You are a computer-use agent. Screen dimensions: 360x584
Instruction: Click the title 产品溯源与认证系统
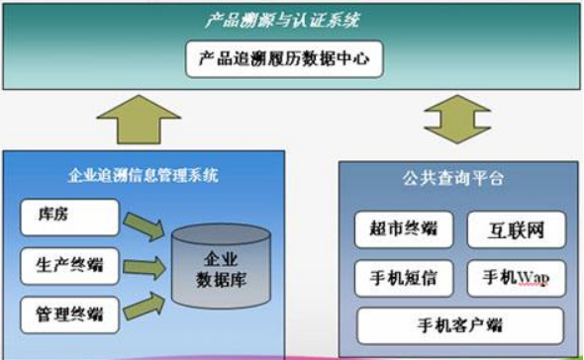290,18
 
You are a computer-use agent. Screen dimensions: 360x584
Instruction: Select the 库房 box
68,216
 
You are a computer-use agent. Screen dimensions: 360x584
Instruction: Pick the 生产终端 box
68,264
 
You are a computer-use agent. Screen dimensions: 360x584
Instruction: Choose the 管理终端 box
68,315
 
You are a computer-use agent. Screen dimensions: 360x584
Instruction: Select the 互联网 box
516,229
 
